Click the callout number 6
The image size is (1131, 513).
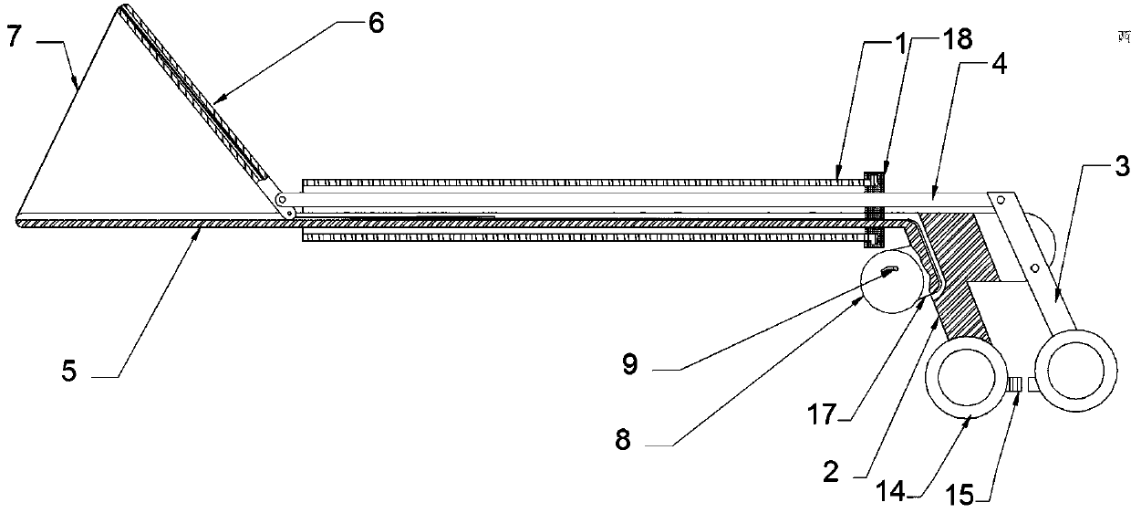pos(375,24)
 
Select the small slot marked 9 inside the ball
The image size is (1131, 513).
pos(889,268)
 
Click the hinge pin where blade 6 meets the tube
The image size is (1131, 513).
pos(282,200)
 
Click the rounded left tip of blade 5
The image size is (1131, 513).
pos(20,220)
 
